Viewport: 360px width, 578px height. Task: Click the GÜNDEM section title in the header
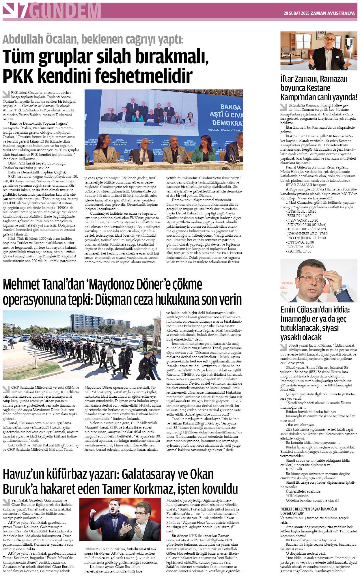pos(65,11)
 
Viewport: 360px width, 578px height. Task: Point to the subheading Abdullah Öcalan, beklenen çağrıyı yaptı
pos(93,39)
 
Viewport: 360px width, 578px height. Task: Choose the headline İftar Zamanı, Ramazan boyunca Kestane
pos(318,87)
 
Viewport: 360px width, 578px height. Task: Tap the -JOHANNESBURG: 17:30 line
pos(307,233)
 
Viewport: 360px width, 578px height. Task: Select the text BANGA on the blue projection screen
pos(230,107)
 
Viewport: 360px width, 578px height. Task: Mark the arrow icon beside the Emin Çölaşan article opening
pos(283,347)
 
